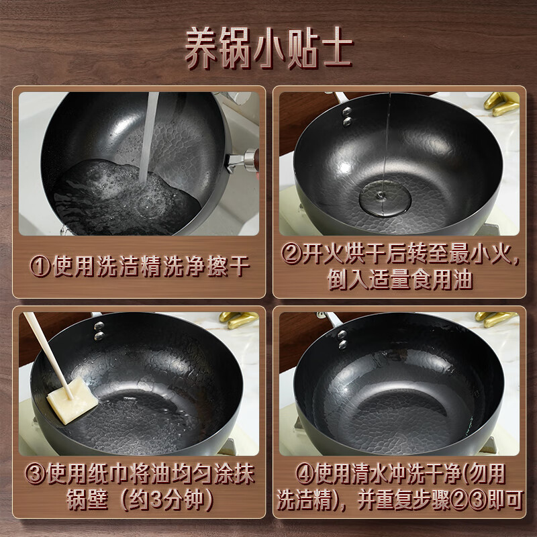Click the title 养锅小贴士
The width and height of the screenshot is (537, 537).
tap(269, 48)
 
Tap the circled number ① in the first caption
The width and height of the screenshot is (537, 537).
tap(40, 266)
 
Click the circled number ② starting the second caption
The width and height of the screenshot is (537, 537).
tap(291, 254)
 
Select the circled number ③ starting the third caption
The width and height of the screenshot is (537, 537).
tap(36, 474)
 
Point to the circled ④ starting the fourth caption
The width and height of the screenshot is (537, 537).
tap(305, 475)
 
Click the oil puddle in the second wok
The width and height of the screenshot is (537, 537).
tap(385, 199)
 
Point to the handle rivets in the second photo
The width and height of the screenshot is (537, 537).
tap(347, 116)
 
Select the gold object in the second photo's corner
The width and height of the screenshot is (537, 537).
tap(501, 103)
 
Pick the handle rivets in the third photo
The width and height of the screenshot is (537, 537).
tap(99, 331)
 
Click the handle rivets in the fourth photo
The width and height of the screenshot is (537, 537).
tap(342, 340)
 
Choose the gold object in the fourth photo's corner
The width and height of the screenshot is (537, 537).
tap(497, 320)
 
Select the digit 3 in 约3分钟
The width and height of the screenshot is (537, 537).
tap(156, 499)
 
